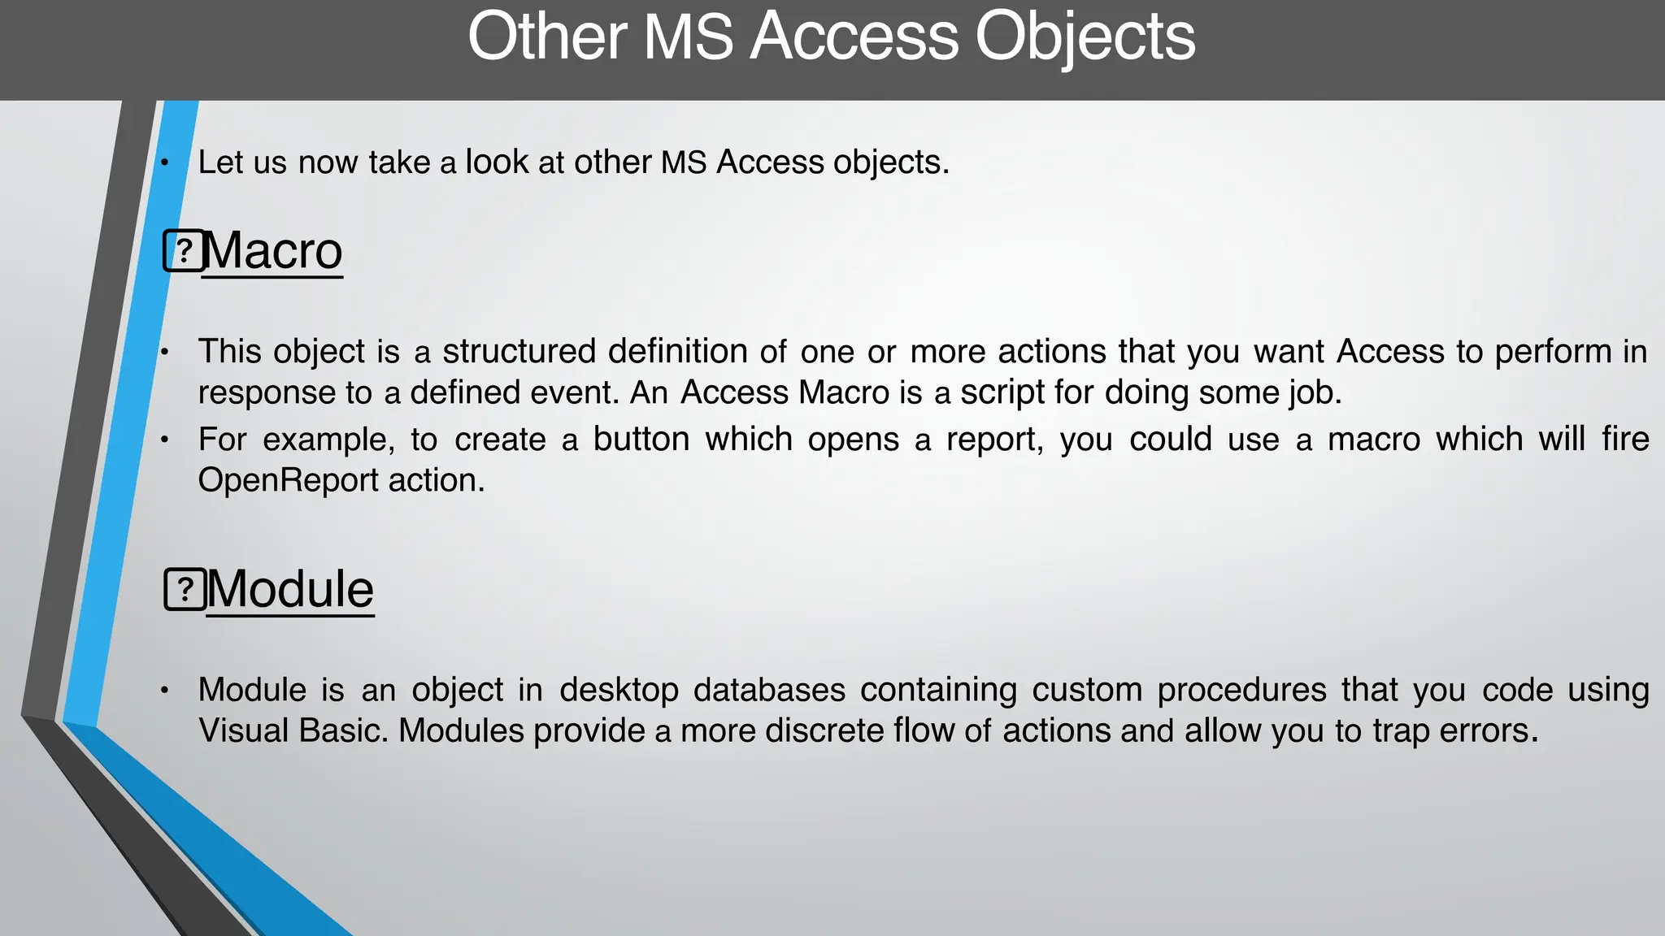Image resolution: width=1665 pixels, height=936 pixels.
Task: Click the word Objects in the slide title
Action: point(1085,37)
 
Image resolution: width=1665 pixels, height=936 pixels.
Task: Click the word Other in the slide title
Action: point(547,37)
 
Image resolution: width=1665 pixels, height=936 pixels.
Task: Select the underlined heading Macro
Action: point(273,251)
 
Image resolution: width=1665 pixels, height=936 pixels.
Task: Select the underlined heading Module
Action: point(290,589)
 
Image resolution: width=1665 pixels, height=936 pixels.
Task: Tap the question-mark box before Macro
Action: point(184,251)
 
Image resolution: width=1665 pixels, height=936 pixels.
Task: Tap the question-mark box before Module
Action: point(185,589)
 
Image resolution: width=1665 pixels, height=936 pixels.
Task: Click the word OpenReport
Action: point(288,480)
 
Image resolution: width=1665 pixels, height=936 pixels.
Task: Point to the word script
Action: point(1002,392)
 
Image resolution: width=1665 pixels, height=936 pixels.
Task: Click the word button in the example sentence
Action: point(641,440)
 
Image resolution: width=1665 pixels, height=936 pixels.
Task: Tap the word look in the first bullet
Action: point(497,162)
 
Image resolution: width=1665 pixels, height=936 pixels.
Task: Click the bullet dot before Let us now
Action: point(164,163)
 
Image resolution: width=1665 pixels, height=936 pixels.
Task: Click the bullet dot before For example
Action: point(164,440)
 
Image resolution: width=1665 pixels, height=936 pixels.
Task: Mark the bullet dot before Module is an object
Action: point(164,691)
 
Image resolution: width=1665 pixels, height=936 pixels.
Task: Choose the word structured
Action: point(519,352)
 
